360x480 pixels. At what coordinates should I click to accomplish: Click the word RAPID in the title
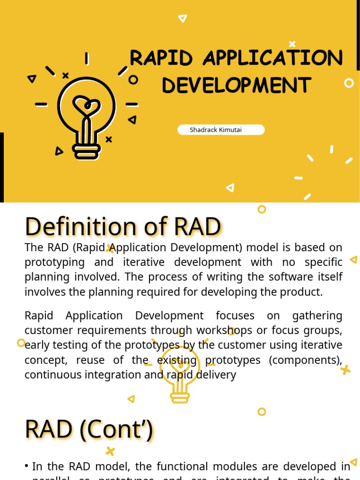(x=161, y=59)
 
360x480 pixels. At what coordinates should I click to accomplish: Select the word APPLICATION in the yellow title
(x=273, y=59)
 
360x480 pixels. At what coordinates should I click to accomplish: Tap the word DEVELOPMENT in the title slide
(x=236, y=86)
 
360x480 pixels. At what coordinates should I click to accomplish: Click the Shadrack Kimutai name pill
(x=221, y=130)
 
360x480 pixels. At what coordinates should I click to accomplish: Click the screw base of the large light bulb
(x=86, y=150)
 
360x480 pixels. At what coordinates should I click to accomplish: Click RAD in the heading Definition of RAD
(x=197, y=227)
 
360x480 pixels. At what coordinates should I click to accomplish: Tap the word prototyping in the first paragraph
(x=54, y=262)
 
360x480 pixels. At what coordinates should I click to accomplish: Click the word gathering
(x=317, y=315)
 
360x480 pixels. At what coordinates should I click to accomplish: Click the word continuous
(x=52, y=375)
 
